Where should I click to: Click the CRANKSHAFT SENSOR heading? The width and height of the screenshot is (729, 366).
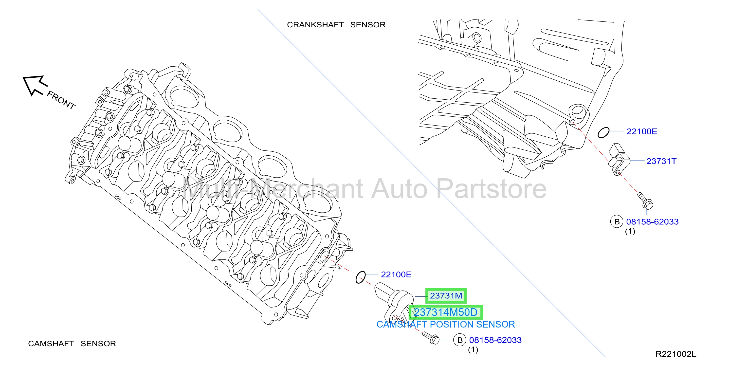click(x=336, y=25)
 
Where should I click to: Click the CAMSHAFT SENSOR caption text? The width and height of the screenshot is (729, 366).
click(x=72, y=344)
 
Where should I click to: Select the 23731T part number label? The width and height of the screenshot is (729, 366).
click(x=661, y=161)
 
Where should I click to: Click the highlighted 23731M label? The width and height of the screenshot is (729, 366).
click(x=446, y=296)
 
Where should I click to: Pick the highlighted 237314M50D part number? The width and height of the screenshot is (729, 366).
click(x=446, y=312)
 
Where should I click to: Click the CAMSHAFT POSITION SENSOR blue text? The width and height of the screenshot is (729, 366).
click(x=446, y=324)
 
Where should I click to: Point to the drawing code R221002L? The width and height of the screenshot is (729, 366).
click(x=676, y=354)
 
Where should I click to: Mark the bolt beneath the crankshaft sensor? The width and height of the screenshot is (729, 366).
click(x=645, y=201)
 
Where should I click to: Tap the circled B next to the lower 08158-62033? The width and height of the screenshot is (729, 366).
click(x=460, y=340)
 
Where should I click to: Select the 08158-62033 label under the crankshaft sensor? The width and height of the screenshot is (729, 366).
click(x=652, y=222)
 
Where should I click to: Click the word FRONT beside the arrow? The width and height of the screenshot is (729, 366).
click(x=61, y=100)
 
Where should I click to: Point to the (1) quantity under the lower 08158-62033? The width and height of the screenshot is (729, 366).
click(x=473, y=349)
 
